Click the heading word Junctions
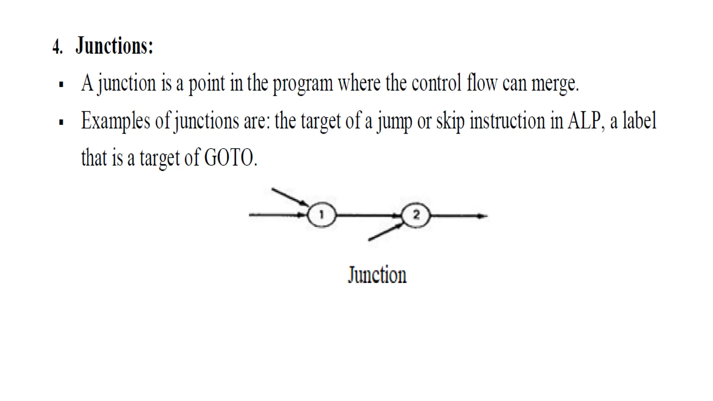pyautogui.click(x=114, y=46)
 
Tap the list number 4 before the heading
pyautogui.click(x=57, y=46)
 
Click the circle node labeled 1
pyautogui.click(x=322, y=215)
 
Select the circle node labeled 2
pyautogui.click(x=416, y=215)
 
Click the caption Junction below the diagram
pyautogui.click(x=377, y=275)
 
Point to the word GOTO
pyautogui.click(x=229, y=158)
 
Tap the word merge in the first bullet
pyautogui.click(x=554, y=84)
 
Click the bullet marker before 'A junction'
pyautogui.click(x=61, y=84)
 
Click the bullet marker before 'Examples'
pyautogui.click(x=61, y=122)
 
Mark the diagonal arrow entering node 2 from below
pyautogui.click(x=385, y=232)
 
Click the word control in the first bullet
pyautogui.click(x=436, y=84)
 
